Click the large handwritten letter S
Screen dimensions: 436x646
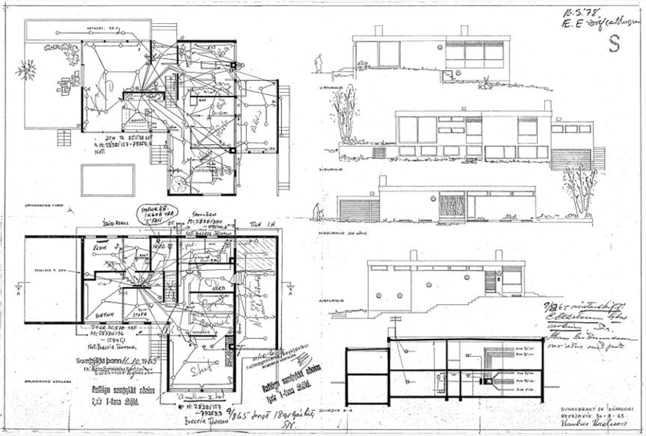click(614, 44)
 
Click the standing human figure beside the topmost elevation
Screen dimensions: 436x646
click(318, 63)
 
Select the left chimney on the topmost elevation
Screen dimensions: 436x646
click(378, 31)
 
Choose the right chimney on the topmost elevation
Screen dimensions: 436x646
click(464, 30)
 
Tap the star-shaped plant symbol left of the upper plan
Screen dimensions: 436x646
click(27, 69)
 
